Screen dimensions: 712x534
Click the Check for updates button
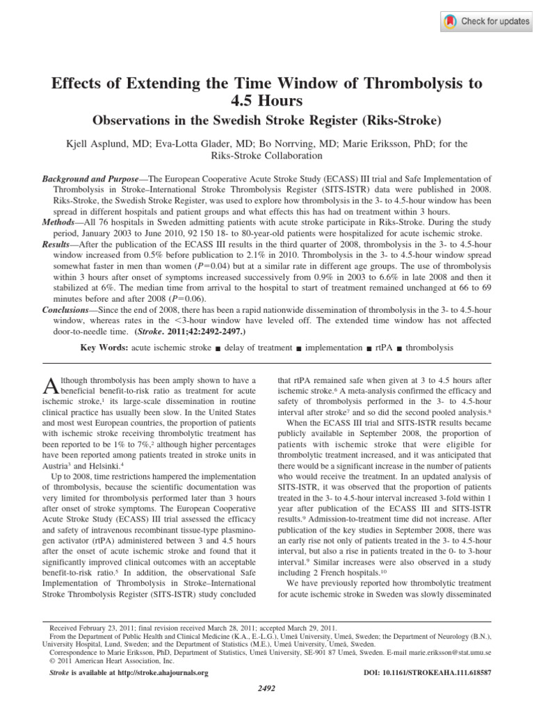point(486,22)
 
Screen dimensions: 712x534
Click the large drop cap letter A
point(50,385)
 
